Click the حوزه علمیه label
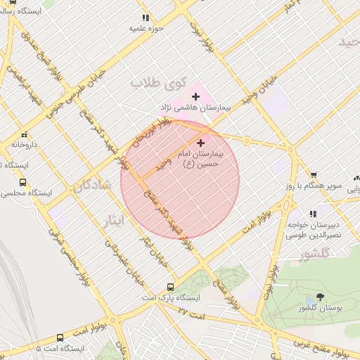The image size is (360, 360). (x=145, y=28)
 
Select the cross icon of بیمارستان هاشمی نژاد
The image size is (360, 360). (x=196, y=96)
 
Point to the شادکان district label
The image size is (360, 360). (x=91, y=187)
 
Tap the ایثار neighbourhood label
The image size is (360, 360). (x=112, y=219)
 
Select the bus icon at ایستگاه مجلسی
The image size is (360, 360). (x=22, y=181)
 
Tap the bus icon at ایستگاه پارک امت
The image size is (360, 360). (x=170, y=287)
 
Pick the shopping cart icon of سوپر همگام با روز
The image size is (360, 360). (x=314, y=176)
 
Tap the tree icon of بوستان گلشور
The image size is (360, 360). (x=321, y=297)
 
